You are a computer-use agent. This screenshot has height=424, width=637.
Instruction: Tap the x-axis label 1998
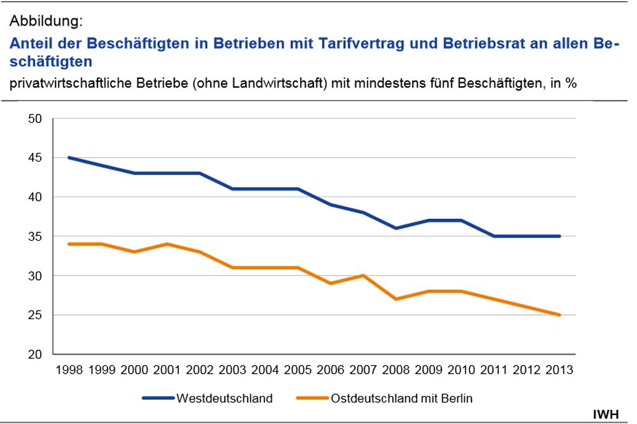pyautogui.click(x=69, y=370)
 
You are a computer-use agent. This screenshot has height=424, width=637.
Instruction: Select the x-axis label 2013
pyautogui.click(x=560, y=370)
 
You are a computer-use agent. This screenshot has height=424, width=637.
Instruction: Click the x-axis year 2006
pyautogui.click(x=331, y=370)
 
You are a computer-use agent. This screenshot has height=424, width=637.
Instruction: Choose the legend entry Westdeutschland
pyautogui.click(x=224, y=399)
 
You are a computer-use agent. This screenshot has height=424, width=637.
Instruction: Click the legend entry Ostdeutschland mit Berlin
pyautogui.click(x=402, y=399)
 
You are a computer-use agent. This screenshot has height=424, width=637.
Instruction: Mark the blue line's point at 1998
pyautogui.click(x=69, y=158)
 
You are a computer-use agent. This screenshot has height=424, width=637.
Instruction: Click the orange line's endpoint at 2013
pyautogui.click(x=560, y=315)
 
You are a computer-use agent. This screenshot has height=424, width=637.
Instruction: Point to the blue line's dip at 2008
pyautogui.click(x=396, y=229)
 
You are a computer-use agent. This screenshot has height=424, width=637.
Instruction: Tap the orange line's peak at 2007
pyautogui.click(x=363, y=276)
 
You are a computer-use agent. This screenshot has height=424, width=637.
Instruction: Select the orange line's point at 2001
pyautogui.click(x=167, y=244)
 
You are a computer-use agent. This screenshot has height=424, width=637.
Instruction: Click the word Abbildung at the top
pyautogui.click(x=46, y=21)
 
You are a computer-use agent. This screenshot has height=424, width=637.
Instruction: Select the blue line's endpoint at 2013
pyautogui.click(x=560, y=236)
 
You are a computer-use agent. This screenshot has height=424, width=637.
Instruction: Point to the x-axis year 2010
pyautogui.click(x=462, y=370)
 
